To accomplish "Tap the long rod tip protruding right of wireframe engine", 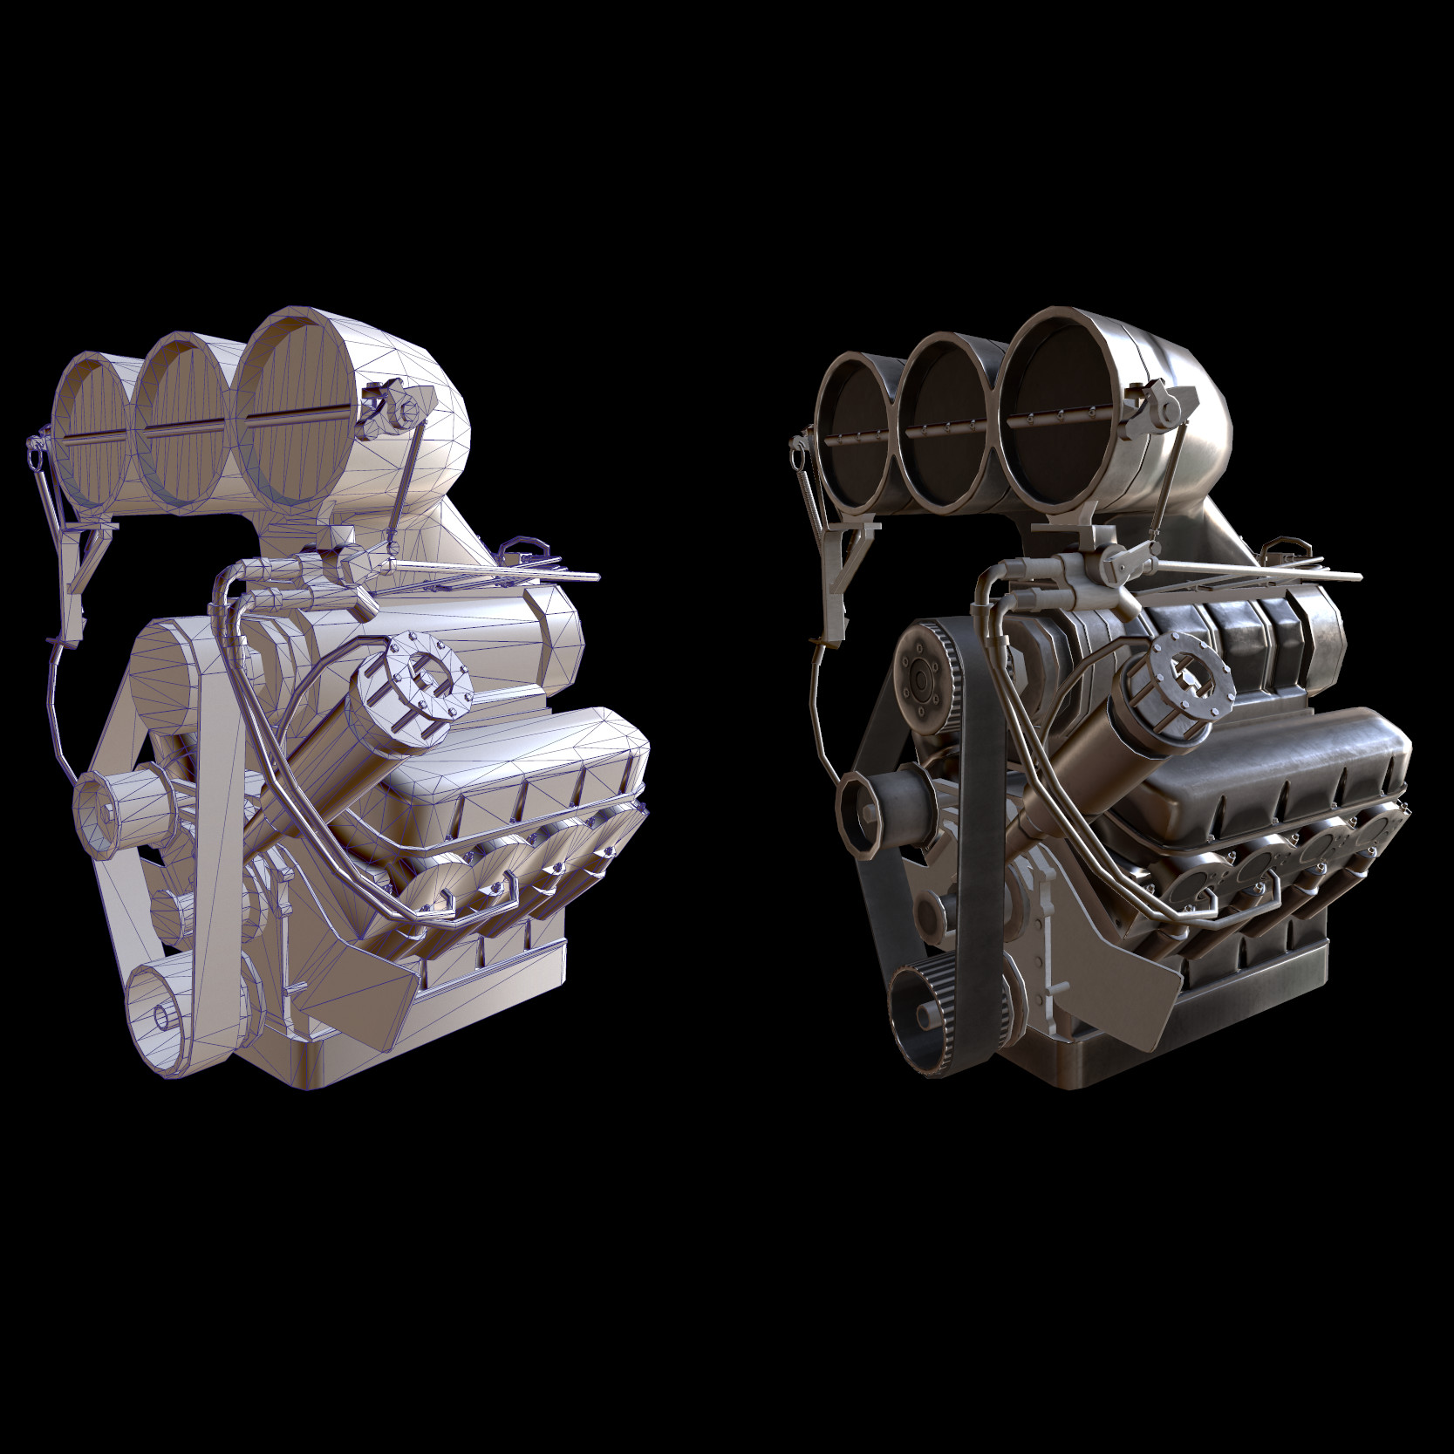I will coord(593,577).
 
